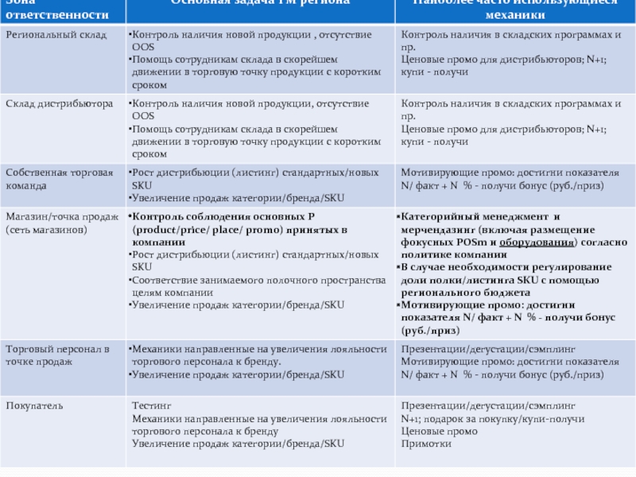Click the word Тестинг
pos(150,405)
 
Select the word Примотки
pos(426,444)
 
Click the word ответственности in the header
pos(54,14)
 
